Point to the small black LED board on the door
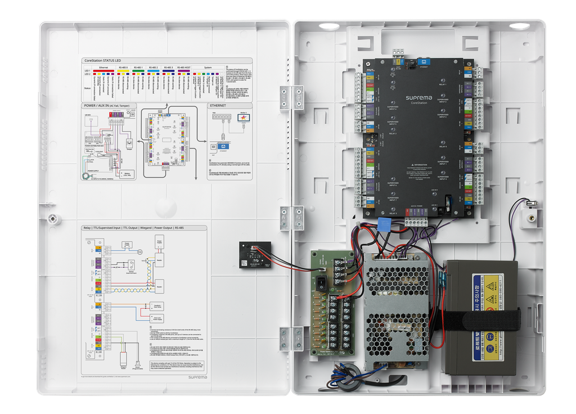pos(255,255)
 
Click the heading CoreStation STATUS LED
pos(103,61)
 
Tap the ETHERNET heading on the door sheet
pos(218,105)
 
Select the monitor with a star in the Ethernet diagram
pos(245,119)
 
